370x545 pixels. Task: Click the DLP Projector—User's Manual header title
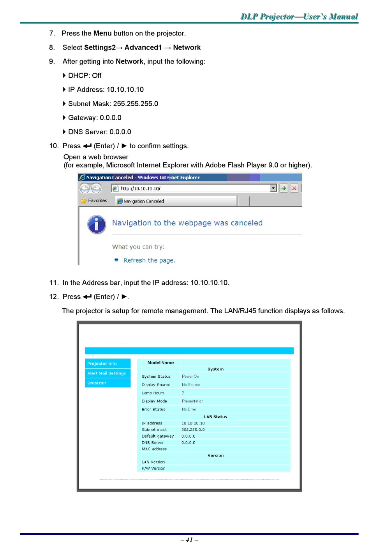pos(299,16)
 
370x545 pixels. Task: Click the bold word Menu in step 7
pos(102,34)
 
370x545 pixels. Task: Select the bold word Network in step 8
pos(187,48)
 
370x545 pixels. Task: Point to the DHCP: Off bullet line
pos(85,76)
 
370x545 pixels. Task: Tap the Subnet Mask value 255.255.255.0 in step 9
pos(136,104)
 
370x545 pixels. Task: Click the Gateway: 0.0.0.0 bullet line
pos(95,118)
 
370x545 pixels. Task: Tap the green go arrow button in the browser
pos(284,188)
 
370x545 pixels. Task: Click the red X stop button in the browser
pos(294,188)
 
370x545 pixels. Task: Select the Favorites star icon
pos(84,201)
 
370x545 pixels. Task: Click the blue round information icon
pos(97,225)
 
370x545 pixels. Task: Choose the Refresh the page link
pos(149,261)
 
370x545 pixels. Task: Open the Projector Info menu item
pos(102,364)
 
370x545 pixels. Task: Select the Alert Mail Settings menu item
pos(107,373)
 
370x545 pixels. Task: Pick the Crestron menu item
pos(97,383)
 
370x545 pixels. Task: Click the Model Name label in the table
pos(160,363)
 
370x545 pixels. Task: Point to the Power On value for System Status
pos(190,377)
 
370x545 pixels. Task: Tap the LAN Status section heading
pos(215,417)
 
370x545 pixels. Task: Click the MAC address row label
pos(154,449)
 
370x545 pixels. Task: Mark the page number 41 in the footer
pos(189,540)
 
